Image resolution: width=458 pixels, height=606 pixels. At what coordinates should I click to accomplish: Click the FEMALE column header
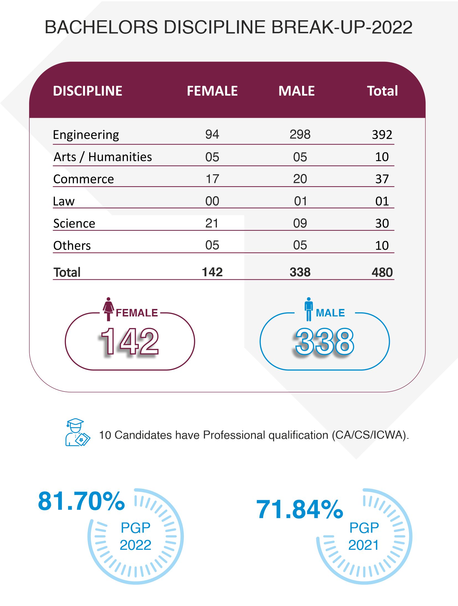coord(212,91)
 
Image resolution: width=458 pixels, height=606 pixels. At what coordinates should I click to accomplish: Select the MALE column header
coord(296,91)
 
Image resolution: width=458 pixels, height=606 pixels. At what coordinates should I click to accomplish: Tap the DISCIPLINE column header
coord(88,91)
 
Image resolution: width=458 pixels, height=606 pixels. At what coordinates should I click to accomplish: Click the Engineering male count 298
coord(300,135)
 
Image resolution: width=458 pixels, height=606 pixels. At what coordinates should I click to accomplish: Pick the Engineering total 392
coord(382,135)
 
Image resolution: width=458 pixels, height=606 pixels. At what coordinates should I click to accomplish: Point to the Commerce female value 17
coord(212,179)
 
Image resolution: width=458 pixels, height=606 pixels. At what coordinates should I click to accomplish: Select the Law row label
coord(64,201)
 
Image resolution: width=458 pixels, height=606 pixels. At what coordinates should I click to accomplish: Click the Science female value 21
coord(212,223)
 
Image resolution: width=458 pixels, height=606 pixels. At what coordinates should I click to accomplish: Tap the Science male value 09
coord(300,223)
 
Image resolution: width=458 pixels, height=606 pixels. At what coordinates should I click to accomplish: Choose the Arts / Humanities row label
coord(103,157)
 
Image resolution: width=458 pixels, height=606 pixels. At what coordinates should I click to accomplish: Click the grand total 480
coord(382,272)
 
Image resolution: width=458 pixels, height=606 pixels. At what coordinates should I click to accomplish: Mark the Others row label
coord(72,246)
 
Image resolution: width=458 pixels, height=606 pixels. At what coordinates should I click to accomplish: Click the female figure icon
coord(108,309)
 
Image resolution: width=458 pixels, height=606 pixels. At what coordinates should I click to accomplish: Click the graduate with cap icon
coord(77,432)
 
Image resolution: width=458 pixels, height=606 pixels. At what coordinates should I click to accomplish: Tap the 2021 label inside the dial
coord(363,545)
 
